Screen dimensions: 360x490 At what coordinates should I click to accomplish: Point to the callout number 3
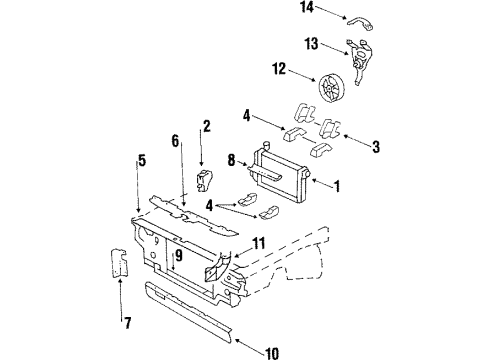(376, 147)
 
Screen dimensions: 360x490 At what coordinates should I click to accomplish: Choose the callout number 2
(206, 127)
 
